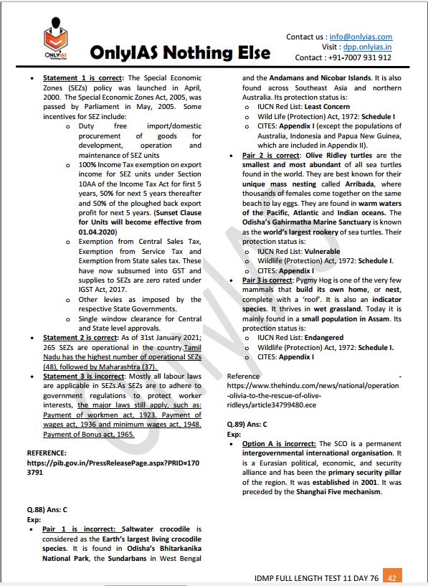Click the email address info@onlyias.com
click(361, 37)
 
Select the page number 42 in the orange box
click(392, 577)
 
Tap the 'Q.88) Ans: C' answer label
click(47, 509)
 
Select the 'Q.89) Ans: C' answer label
click(247, 424)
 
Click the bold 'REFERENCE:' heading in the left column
click(48, 453)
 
